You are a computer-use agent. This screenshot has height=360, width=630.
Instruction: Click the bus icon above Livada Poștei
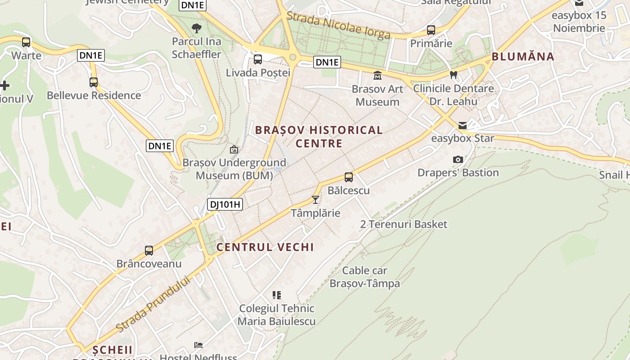[258, 59]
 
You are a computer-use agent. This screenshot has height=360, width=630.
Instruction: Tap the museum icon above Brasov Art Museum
[378, 75]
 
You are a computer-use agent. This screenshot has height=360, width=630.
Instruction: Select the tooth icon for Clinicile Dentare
[454, 75]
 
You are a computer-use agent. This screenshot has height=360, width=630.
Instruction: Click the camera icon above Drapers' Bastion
[458, 159]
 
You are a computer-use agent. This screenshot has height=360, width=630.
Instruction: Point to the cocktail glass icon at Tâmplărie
[315, 199]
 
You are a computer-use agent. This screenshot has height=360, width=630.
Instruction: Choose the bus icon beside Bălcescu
[349, 177]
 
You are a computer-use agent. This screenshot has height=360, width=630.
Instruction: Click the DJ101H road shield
[225, 205]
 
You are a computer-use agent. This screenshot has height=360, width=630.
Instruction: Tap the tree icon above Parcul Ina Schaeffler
[197, 28]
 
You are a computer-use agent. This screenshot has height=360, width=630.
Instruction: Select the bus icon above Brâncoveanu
[149, 250]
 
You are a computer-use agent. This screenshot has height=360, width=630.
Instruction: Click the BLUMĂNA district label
[523, 57]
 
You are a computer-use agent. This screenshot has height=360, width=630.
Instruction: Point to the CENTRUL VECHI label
[265, 247]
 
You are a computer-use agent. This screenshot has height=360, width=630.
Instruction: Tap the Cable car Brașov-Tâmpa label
[365, 277]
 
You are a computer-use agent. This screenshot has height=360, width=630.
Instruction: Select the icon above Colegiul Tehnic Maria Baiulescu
[277, 295]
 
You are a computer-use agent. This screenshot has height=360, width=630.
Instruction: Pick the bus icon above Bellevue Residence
[94, 82]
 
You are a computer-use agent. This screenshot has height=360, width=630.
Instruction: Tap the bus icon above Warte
[26, 42]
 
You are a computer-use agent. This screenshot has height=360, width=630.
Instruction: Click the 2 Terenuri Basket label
[404, 224]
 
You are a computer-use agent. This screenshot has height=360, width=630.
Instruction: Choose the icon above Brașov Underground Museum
[234, 149]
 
